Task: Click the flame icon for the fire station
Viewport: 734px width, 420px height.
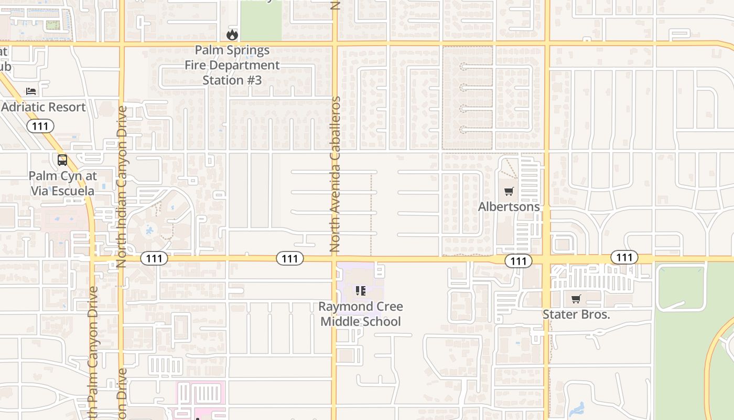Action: (232, 35)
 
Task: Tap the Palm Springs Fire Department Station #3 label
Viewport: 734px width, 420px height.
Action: (232, 65)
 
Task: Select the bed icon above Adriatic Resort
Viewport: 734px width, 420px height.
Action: (31, 91)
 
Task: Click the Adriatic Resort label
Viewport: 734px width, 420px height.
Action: (43, 107)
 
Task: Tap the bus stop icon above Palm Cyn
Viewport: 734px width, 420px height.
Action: (62, 160)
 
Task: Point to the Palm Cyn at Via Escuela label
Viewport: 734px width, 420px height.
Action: (62, 183)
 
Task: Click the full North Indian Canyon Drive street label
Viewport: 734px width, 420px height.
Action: (122, 187)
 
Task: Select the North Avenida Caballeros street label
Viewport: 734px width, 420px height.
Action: (336, 174)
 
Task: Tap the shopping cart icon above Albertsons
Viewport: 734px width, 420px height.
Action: (509, 191)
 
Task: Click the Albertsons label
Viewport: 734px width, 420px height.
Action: (509, 207)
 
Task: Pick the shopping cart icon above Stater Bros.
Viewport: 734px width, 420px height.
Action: (576, 299)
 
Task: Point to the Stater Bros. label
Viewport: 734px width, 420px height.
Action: (576, 314)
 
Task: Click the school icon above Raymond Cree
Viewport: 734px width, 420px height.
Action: (360, 290)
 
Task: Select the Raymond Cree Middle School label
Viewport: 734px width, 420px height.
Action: (361, 314)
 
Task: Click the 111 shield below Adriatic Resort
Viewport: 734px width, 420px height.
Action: (40, 126)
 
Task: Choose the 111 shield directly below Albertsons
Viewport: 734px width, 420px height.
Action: (518, 261)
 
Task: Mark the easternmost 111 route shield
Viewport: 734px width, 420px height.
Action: (624, 257)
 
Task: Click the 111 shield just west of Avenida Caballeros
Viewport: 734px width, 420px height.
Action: (290, 258)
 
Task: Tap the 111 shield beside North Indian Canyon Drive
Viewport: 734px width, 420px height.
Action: (154, 258)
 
